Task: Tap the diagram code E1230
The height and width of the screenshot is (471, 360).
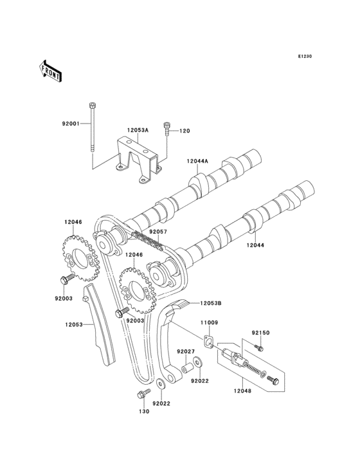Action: click(305, 56)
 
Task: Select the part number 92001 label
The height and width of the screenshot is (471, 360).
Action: click(71, 124)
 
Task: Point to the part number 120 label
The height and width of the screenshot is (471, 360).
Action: click(184, 131)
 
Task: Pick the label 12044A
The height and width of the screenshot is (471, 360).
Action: click(197, 161)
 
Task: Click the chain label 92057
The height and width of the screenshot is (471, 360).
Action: click(158, 232)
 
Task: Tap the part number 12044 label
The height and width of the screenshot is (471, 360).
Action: click(255, 245)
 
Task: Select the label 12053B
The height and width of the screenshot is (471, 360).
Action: click(211, 304)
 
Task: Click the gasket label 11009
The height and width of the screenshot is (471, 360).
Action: click(210, 322)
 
